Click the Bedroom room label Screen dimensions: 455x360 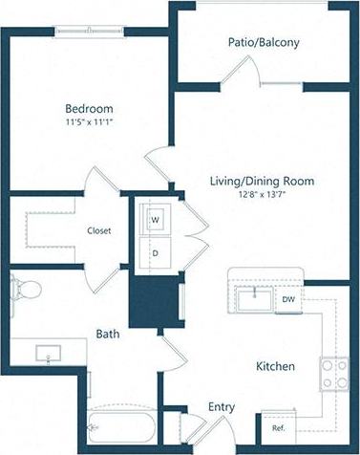point(89,108)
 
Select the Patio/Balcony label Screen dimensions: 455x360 point(264,42)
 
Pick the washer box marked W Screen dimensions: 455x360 point(155,219)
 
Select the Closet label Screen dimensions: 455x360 point(100,230)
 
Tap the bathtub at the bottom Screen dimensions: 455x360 point(118,425)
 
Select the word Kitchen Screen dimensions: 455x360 point(275,366)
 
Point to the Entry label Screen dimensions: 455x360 point(222,407)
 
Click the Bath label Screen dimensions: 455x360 point(107,334)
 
